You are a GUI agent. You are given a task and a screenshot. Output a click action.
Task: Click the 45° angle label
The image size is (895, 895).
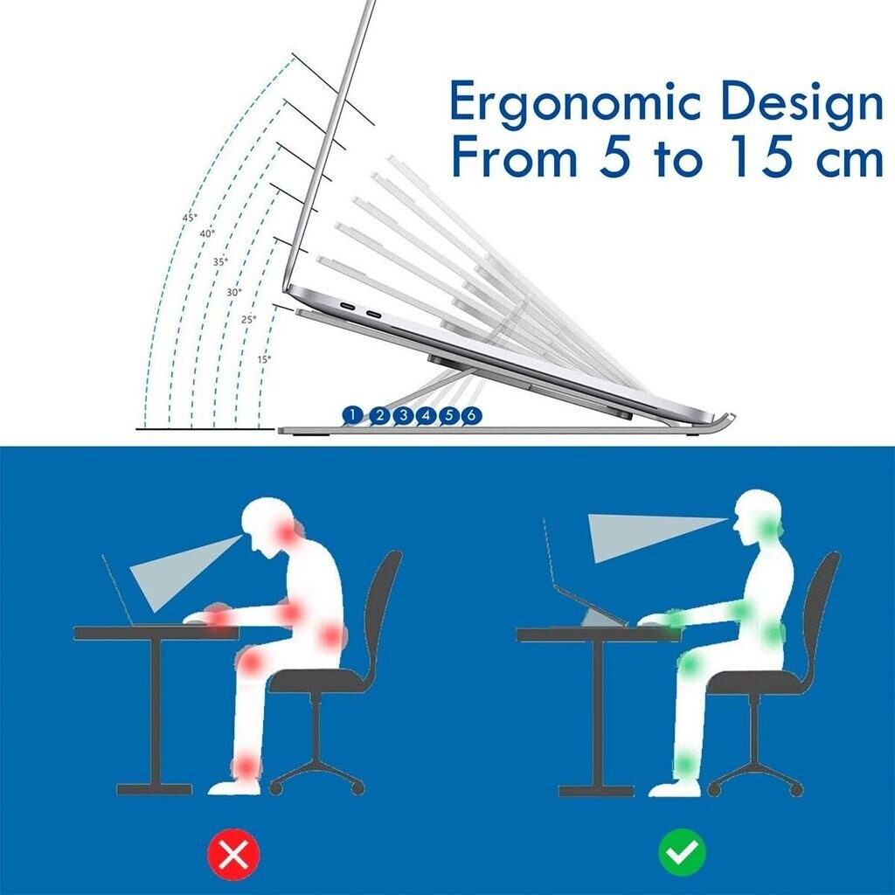pyautogui.click(x=190, y=218)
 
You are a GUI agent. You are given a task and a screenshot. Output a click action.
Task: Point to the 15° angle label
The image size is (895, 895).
pyautogui.click(x=264, y=359)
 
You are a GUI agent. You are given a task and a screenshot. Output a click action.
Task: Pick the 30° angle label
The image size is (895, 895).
pyautogui.click(x=234, y=292)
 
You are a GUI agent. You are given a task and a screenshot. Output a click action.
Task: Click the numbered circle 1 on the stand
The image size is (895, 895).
pyautogui.click(x=353, y=415)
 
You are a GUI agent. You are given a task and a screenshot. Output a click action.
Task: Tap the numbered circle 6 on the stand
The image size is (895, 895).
pyautogui.click(x=471, y=415)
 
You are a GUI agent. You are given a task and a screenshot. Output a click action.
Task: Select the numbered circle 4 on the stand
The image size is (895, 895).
pyautogui.click(x=426, y=415)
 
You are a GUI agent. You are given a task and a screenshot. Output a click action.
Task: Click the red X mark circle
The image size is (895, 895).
pyautogui.click(x=233, y=854)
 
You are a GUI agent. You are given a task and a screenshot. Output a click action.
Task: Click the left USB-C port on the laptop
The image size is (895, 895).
pyautogui.click(x=346, y=307)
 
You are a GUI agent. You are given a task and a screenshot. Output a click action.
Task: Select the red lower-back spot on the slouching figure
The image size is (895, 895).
pyautogui.click(x=330, y=635)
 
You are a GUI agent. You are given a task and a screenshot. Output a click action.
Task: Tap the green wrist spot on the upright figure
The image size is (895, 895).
pyautogui.click(x=676, y=618)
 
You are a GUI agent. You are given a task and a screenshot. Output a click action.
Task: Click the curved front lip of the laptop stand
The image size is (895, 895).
pyautogui.click(x=725, y=420)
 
